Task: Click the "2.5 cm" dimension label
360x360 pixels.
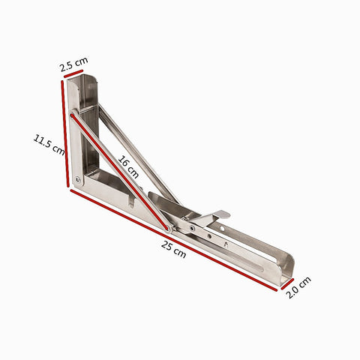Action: (x=73, y=64)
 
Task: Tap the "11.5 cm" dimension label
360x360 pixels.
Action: (x=49, y=145)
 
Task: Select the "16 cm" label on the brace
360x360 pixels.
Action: (x=128, y=166)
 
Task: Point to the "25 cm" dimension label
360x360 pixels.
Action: (x=173, y=249)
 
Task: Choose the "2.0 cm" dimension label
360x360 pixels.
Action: (x=298, y=287)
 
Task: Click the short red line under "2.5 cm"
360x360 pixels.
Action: (x=73, y=73)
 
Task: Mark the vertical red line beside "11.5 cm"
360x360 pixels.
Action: (x=65, y=133)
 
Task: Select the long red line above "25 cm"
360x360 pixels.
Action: (x=174, y=240)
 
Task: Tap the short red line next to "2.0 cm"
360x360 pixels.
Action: (x=287, y=284)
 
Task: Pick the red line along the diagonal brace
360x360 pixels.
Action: (x=119, y=172)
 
